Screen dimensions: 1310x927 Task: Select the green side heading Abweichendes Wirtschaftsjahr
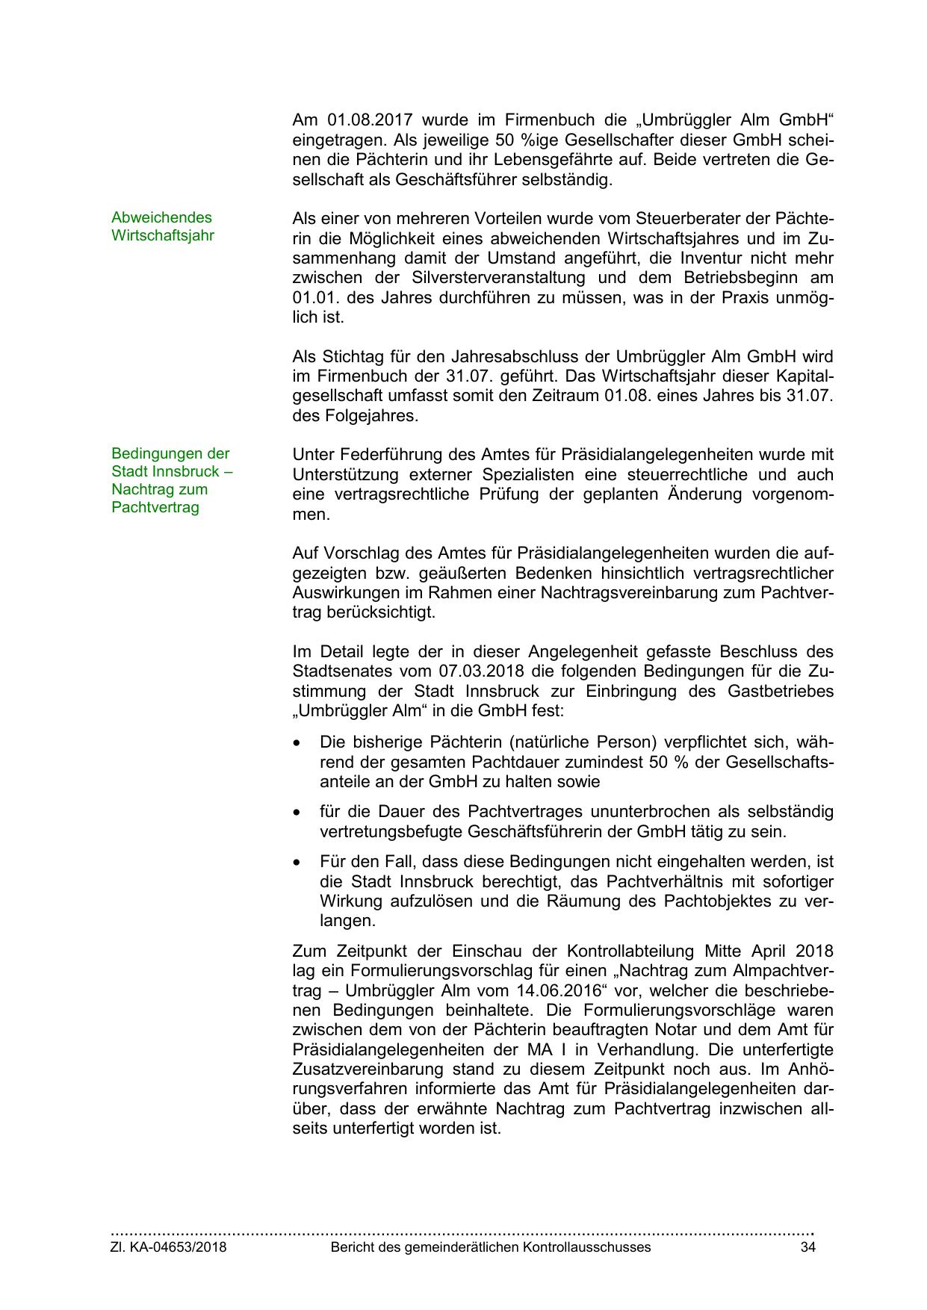point(162,226)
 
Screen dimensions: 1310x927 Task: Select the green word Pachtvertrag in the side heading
point(155,508)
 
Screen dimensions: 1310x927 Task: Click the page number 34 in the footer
point(807,1247)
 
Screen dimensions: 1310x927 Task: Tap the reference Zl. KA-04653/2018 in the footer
point(169,1247)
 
